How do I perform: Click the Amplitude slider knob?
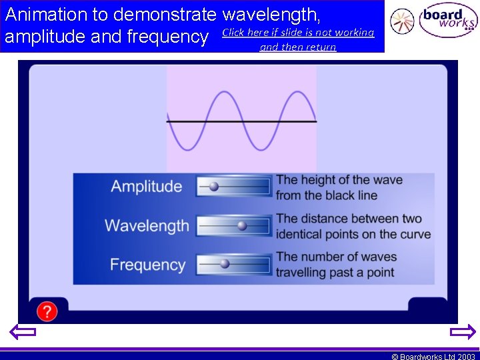coord(213,187)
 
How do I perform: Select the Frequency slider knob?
coord(225,264)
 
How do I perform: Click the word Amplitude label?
coord(146,187)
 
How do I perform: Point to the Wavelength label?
coord(147,225)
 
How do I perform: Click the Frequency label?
coord(147,265)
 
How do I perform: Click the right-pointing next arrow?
coord(463,331)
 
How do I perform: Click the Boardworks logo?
coord(447,22)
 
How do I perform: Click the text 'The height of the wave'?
coord(339,180)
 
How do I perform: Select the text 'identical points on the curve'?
coord(353,235)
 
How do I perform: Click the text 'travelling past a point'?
coord(335,273)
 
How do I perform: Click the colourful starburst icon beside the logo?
coord(402,21)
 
